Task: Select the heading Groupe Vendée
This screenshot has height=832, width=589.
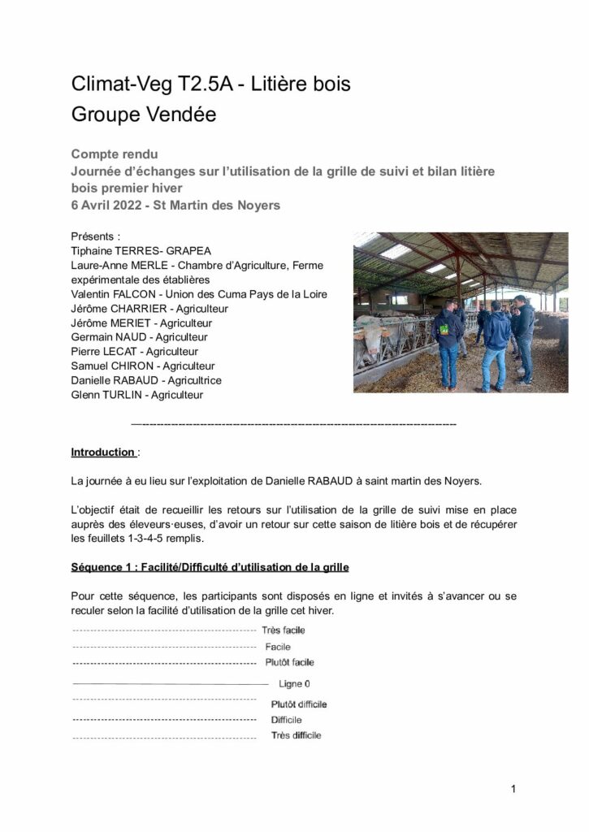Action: (144, 115)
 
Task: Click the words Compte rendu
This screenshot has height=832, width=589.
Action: (115, 154)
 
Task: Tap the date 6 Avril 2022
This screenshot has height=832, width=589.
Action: (113, 206)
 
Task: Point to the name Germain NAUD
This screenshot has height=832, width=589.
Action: (108, 337)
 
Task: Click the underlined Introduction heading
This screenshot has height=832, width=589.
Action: (103, 452)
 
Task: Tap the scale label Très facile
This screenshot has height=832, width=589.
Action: (284, 630)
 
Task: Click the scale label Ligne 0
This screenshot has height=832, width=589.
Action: (294, 684)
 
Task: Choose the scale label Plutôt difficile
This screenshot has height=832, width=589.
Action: (299, 704)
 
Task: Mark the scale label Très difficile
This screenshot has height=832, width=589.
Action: (296, 735)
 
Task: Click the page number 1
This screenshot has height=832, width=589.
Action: (513, 788)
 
